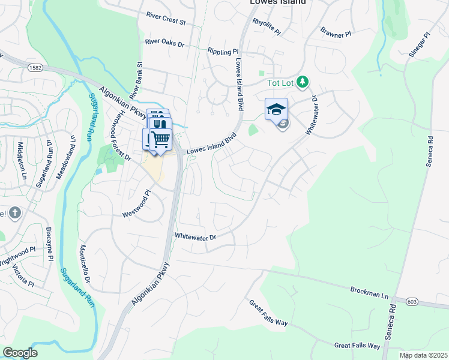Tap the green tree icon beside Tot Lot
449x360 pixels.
pyautogui.click(x=303, y=81)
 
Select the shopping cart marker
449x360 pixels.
pyautogui.click(x=160, y=139)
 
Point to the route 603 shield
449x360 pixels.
pyautogui.click(x=411, y=301)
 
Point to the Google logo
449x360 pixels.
pyautogui.click(x=20, y=352)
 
